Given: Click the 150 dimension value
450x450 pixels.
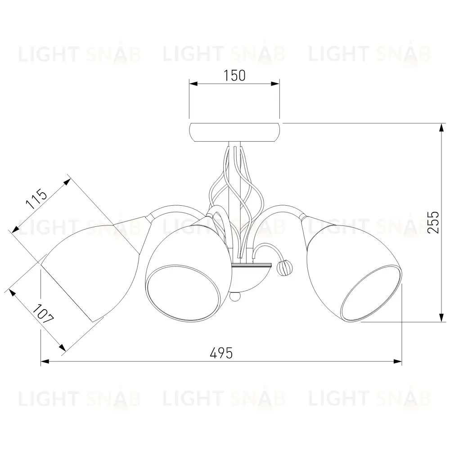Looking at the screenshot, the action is point(234,76).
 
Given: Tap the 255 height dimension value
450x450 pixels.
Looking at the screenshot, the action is point(433,222).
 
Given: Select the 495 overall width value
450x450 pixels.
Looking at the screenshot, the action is point(221,353).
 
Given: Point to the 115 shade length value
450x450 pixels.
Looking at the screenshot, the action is point(36,198).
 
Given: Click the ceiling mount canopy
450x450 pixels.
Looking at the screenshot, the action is point(234,132).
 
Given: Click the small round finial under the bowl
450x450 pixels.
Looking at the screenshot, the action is point(235,297).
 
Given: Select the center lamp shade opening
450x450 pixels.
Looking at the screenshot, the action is point(184,292).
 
